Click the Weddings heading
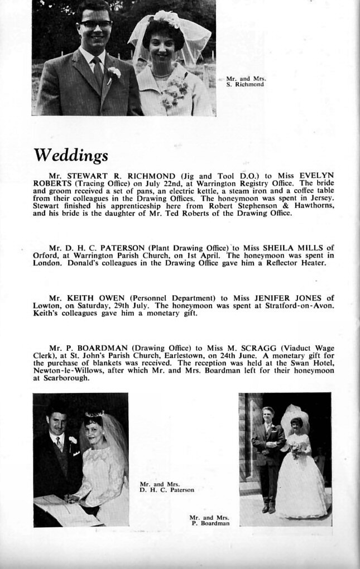click(x=71, y=155)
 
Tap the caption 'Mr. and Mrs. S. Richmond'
click(x=246, y=81)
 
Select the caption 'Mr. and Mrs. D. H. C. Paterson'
click(x=167, y=487)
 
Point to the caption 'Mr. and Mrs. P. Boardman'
click(x=209, y=520)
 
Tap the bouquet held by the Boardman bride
click(x=295, y=451)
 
